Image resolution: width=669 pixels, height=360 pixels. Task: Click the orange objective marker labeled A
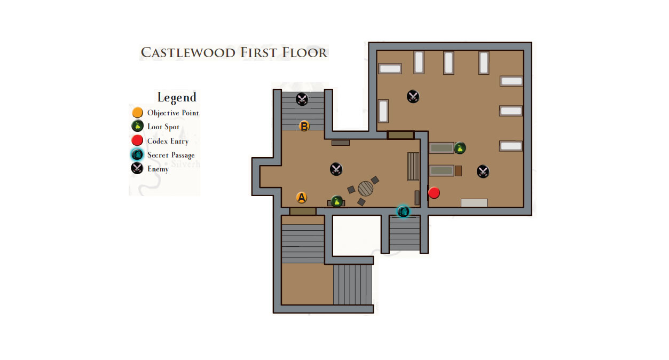[x=301, y=198]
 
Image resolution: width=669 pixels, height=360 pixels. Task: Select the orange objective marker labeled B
[x=304, y=127]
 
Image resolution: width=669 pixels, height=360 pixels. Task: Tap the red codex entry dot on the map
[x=434, y=193]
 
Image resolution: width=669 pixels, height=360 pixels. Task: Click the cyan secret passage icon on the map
[x=403, y=212]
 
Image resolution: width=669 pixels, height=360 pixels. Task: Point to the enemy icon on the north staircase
[x=302, y=99]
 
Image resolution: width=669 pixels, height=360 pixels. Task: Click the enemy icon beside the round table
[x=336, y=169]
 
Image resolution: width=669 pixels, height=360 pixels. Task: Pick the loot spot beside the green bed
[x=460, y=148]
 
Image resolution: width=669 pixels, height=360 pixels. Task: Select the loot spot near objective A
[x=337, y=201]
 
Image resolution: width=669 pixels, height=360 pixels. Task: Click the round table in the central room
[x=365, y=189]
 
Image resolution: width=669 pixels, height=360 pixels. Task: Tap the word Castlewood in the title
[x=188, y=52]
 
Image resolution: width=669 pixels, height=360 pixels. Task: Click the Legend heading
[x=177, y=97]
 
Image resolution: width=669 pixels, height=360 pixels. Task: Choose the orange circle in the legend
[x=137, y=113]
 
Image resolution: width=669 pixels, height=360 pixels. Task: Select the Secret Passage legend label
[x=171, y=155]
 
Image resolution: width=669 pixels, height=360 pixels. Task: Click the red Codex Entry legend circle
[x=137, y=140]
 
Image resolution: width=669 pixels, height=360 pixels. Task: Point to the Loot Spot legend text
[x=163, y=127]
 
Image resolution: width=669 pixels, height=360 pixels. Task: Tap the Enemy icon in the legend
[x=137, y=168]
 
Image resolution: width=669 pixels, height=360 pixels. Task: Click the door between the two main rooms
[x=400, y=135]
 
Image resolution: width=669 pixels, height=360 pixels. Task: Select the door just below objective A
[x=303, y=211]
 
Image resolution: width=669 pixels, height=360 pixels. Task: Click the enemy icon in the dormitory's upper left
[x=413, y=97]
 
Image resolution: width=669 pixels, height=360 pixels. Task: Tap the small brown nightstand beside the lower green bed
[x=458, y=171]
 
